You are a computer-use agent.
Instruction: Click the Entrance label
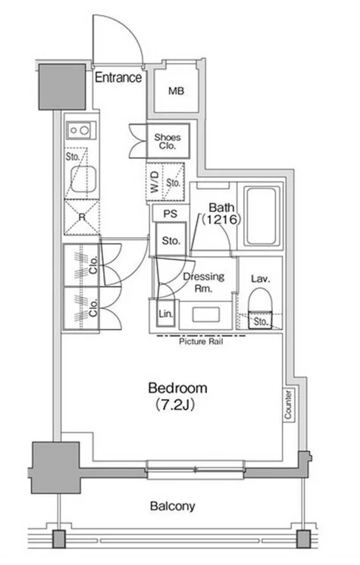click(118, 77)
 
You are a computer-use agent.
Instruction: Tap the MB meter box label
click(177, 91)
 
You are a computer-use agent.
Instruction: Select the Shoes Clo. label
click(167, 141)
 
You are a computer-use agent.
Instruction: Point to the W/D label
click(155, 182)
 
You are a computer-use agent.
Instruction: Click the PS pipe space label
click(171, 214)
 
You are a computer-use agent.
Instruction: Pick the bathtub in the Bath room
click(262, 216)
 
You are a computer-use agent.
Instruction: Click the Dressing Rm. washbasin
click(206, 314)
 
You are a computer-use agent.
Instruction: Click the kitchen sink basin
click(83, 179)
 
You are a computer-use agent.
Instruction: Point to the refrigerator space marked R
click(82, 217)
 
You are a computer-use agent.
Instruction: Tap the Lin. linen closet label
click(165, 314)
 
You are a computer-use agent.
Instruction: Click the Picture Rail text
click(201, 342)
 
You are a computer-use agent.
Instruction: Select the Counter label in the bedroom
click(288, 404)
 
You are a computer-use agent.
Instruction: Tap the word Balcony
click(173, 506)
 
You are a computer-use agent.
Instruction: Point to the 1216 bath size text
click(221, 220)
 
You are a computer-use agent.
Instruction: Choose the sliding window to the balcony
click(195, 470)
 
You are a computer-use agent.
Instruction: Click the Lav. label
click(261, 279)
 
